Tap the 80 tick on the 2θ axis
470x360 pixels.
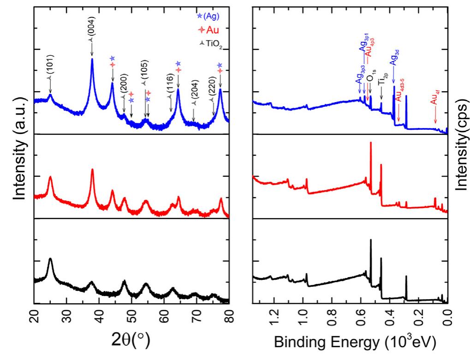pyautogui.click(x=229, y=318)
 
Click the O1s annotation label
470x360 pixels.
pyautogui.click(x=370, y=77)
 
